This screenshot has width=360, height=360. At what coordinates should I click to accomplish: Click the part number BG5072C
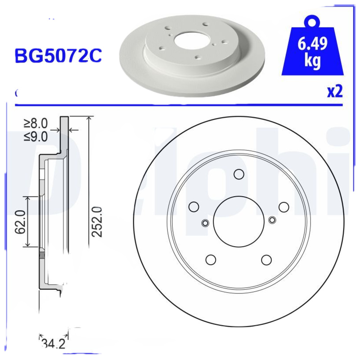click(x=58, y=55)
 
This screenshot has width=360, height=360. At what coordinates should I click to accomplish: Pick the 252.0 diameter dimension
click(x=97, y=221)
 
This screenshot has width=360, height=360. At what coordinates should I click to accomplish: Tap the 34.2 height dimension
click(x=53, y=345)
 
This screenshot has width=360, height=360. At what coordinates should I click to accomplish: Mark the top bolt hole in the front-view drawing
click(x=238, y=174)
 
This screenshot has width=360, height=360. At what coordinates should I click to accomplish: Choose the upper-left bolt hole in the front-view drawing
click(x=194, y=207)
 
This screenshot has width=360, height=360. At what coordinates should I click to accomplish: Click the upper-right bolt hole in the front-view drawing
click(x=283, y=207)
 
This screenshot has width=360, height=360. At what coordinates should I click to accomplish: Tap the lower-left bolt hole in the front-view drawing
click(x=210, y=260)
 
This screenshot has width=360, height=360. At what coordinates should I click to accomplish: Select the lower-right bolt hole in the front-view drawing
click(x=266, y=260)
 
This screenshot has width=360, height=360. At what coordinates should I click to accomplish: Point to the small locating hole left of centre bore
click(x=205, y=223)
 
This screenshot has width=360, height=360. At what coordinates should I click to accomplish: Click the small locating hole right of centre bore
click(x=272, y=220)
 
